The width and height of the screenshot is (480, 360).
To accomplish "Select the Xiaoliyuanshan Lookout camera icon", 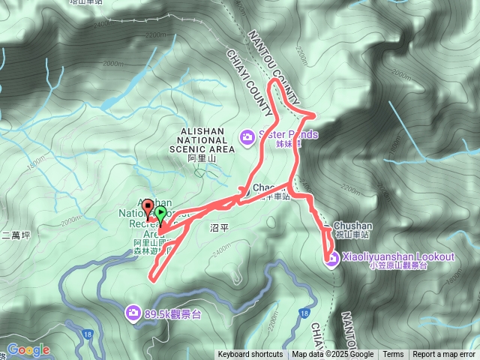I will pos(331,259).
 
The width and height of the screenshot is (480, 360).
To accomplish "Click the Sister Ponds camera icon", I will pos(247,136).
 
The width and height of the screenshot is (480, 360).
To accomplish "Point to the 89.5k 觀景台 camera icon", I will pos(133,311).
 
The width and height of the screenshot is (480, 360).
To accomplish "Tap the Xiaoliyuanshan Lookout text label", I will pos(398,256).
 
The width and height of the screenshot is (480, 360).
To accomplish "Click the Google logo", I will pos(28,349).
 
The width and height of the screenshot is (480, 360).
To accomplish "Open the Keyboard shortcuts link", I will pos(250,355).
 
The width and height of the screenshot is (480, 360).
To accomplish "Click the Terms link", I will pos(393,355).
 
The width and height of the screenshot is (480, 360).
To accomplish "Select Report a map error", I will pos(444,355).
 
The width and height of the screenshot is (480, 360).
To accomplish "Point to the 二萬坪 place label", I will pos(15,235).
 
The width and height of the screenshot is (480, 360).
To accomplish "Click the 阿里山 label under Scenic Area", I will pos(202,160).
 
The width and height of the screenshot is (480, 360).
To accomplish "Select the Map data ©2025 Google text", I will pos(333,355).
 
